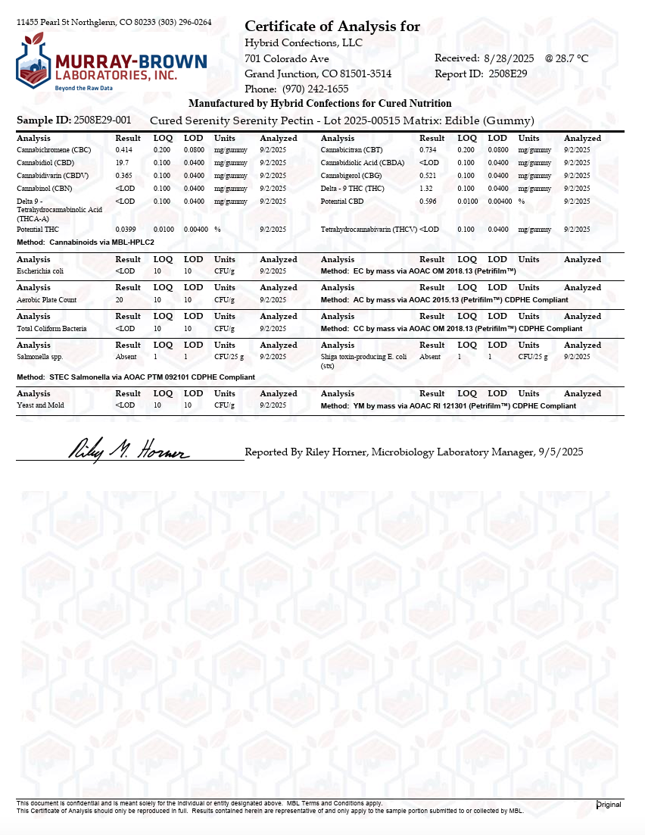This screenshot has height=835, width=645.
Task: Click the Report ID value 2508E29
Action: click(x=508, y=73)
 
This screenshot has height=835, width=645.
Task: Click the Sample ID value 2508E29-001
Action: click(x=102, y=120)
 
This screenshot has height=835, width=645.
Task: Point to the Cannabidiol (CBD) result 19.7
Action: click(x=123, y=163)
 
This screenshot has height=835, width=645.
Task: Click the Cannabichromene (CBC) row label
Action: click(x=54, y=150)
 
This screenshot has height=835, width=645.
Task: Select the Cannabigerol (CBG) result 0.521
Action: click(x=428, y=176)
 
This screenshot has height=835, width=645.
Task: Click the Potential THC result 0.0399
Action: click(x=126, y=229)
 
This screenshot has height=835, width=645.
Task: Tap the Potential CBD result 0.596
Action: click(x=428, y=202)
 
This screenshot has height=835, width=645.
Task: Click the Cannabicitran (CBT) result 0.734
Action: click(x=428, y=150)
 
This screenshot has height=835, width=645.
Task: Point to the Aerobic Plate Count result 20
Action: click(x=120, y=300)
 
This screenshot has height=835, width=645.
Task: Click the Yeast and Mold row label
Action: click(x=41, y=405)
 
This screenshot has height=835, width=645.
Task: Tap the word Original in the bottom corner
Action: click(x=609, y=805)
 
